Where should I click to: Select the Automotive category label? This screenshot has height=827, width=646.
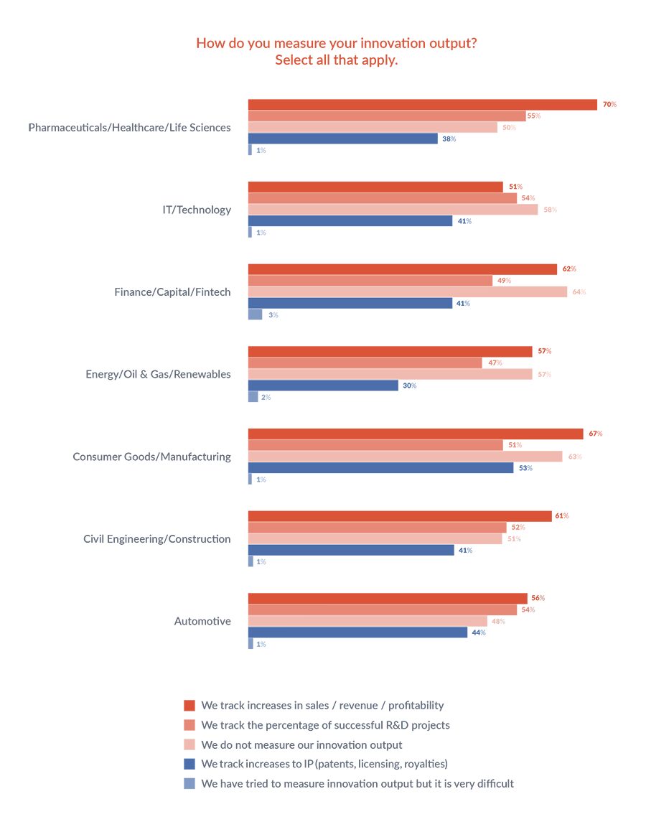202,621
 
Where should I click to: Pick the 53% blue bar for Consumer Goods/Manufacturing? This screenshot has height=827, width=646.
380,468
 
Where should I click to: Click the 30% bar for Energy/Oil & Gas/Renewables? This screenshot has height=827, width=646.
323,386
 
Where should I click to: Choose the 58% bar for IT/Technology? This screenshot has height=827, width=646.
393,210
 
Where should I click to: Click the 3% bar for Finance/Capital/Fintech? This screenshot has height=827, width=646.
255,314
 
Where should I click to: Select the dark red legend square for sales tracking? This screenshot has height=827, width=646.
189,705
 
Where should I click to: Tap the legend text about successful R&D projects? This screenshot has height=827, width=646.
325,725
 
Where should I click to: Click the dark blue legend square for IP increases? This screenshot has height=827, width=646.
189,764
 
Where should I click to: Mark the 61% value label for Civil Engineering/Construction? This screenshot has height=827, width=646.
561,516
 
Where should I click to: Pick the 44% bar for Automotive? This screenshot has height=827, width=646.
358,632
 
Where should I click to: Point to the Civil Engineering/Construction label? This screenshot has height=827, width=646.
157,538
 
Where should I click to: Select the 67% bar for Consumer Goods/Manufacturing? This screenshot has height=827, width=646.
415,434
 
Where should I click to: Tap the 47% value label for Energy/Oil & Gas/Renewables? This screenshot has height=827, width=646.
495,363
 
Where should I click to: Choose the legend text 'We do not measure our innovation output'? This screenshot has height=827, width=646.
301,744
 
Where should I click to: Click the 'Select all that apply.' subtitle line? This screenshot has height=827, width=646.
336,60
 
